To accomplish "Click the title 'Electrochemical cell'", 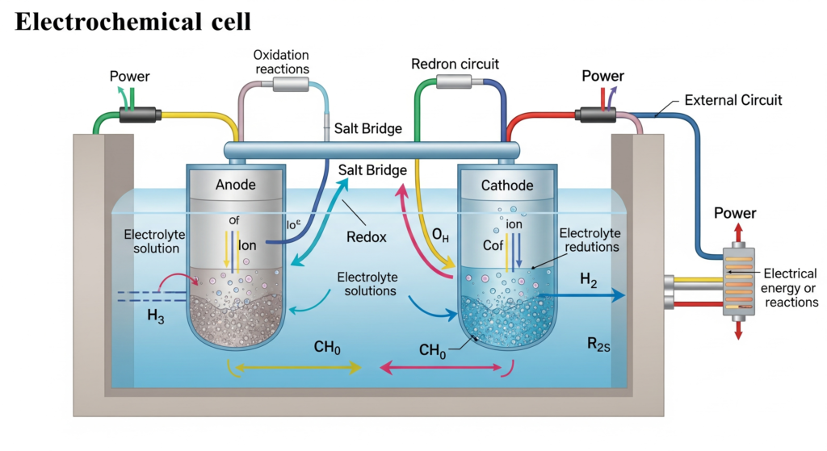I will tap(132, 22).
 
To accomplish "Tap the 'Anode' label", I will tap(236, 185).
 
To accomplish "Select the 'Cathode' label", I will tap(507, 186).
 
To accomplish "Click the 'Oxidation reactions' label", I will tap(281, 61).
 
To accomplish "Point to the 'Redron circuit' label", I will tap(455, 63).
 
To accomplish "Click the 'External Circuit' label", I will tap(733, 101).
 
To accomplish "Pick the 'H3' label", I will tap(156, 317).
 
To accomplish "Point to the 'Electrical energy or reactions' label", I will tap(789, 288).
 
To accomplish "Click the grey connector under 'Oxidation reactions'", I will tap(290, 84).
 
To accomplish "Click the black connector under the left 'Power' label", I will tap(139, 115).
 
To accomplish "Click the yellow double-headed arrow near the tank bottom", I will tap(297, 368).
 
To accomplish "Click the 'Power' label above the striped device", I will tap(736, 214).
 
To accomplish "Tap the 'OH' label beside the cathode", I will tap(440, 236).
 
